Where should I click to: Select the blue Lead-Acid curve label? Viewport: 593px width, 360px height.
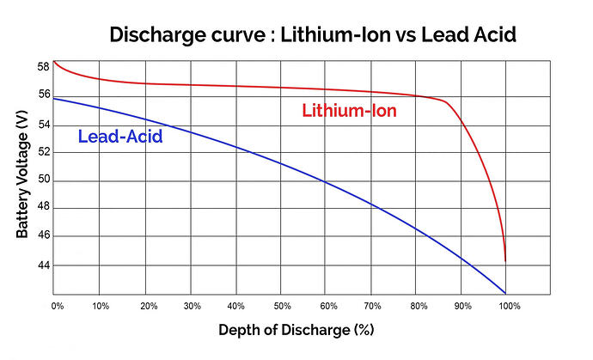tap(120, 136)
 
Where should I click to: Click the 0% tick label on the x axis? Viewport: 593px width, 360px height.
tap(58, 306)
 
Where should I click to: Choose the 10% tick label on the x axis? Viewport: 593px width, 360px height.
tap(101, 306)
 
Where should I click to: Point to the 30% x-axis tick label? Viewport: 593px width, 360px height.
tap(192, 306)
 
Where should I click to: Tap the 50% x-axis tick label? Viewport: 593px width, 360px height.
tap(281, 306)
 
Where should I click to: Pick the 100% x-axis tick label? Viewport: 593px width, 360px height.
tap(508, 306)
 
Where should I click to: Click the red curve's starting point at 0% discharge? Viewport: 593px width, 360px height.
tap(54, 61)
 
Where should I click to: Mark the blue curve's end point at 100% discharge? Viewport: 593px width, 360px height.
tap(505, 294)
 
